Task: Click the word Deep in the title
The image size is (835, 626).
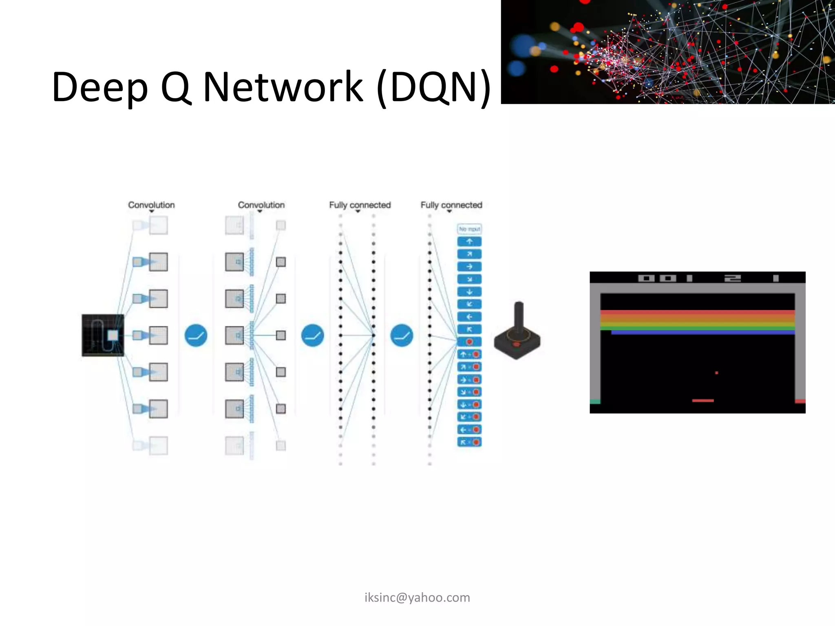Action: (99, 87)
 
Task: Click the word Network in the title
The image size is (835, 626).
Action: (283, 86)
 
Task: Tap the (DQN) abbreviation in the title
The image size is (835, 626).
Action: (433, 87)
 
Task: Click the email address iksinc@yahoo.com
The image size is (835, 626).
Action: (417, 597)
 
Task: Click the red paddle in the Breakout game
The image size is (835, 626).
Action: (702, 401)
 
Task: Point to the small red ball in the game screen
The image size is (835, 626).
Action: (716, 373)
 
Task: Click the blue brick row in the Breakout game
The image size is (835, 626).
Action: (702, 333)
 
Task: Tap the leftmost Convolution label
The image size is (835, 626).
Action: (151, 205)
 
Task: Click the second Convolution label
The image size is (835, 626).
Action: (261, 205)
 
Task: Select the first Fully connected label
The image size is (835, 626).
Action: (360, 205)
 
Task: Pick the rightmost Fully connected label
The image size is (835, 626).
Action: (451, 205)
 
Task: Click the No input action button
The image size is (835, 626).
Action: (469, 229)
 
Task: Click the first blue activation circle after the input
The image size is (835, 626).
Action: (196, 335)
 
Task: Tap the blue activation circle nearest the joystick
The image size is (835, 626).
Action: (402, 335)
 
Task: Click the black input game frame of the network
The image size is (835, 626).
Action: (103, 335)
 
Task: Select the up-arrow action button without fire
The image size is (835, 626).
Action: (469, 242)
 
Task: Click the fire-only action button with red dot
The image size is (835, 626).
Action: (469, 342)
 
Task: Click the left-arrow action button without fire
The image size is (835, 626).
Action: (469, 317)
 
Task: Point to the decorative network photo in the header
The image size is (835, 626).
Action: (667, 52)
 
